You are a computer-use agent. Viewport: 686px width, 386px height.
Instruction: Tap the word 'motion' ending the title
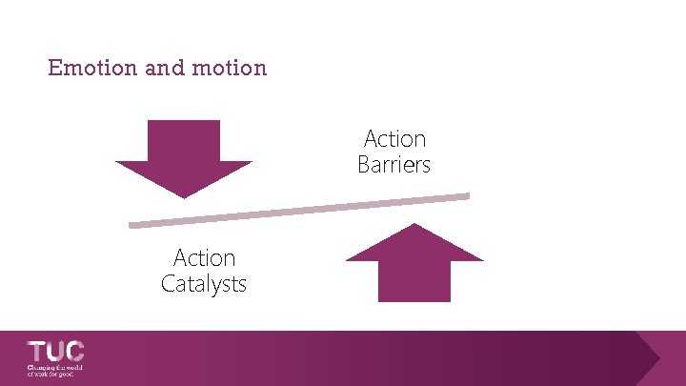click(x=231, y=69)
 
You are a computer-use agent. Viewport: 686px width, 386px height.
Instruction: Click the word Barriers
click(x=394, y=165)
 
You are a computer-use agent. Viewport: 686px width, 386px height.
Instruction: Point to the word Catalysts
click(x=204, y=283)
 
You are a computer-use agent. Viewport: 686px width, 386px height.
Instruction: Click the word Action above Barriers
click(x=395, y=139)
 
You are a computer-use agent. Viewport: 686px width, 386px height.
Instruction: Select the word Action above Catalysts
click(x=204, y=258)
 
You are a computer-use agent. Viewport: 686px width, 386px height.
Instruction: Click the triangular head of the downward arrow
click(x=184, y=177)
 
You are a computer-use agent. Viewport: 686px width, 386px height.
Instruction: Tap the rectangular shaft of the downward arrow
click(x=184, y=140)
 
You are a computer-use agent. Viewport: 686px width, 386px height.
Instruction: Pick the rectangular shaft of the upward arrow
click(x=414, y=281)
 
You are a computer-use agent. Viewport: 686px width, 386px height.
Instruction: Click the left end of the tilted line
click(x=131, y=226)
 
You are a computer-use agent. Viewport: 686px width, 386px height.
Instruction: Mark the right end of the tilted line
click(x=467, y=196)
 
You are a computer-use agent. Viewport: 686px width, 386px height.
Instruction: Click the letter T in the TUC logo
click(x=37, y=351)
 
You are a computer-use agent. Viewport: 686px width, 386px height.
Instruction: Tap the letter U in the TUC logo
click(x=55, y=351)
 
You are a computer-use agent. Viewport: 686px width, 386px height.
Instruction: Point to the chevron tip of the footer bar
click(x=658, y=358)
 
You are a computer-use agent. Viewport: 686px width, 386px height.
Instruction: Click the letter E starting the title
click(x=54, y=69)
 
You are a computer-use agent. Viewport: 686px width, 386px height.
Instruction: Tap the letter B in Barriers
click(x=364, y=165)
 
